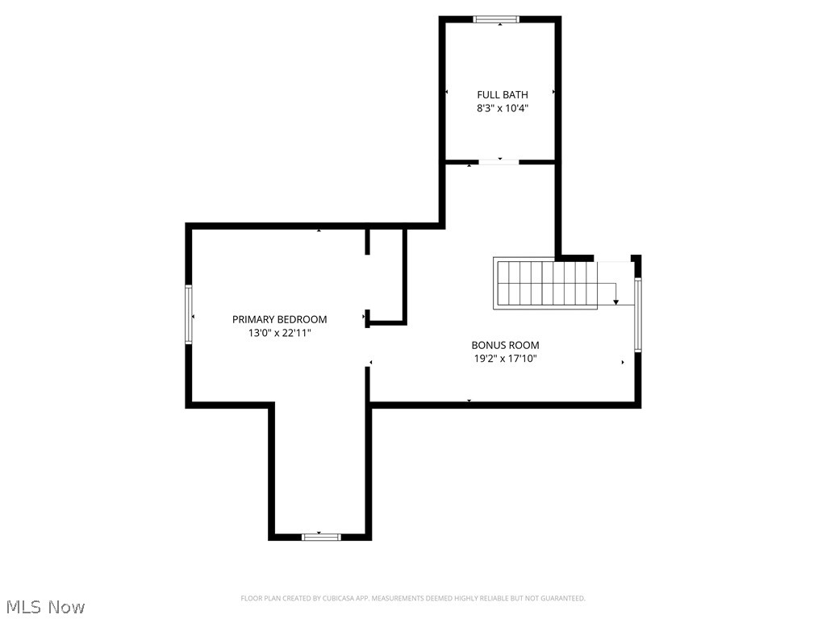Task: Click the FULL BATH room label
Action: click(x=502, y=95)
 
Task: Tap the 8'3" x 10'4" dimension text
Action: click(x=502, y=108)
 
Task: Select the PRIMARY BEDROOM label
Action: click(x=280, y=319)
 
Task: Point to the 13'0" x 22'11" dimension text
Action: click(x=280, y=332)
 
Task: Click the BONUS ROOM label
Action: click(x=505, y=345)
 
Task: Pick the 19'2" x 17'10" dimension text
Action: click(x=505, y=359)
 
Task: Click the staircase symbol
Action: click(x=545, y=283)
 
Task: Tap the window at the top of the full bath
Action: click(x=496, y=19)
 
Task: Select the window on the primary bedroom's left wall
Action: click(x=190, y=315)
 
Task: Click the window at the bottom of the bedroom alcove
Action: click(x=321, y=536)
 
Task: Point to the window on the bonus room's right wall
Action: click(x=637, y=315)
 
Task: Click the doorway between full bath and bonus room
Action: click(x=499, y=162)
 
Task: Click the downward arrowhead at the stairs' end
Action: click(x=616, y=301)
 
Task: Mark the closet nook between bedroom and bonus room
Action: click(x=386, y=276)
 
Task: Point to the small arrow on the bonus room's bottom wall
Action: click(x=469, y=401)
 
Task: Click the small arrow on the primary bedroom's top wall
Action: click(x=319, y=231)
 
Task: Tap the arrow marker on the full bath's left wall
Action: click(x=447, y=92)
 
